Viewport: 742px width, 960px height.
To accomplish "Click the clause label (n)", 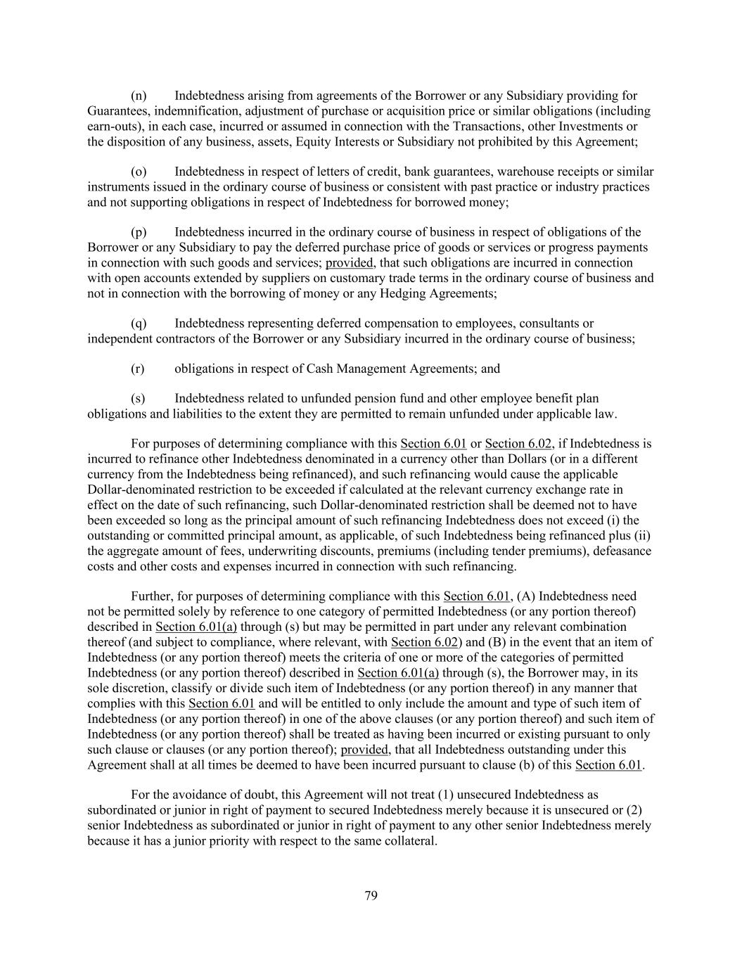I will (139, 96).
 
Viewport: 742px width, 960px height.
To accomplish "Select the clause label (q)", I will (139, 324).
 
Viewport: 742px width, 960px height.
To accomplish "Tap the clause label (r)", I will (138, 369).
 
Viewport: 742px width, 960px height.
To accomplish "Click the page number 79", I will (371, 895).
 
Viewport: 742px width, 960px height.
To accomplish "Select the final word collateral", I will (409, 840).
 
